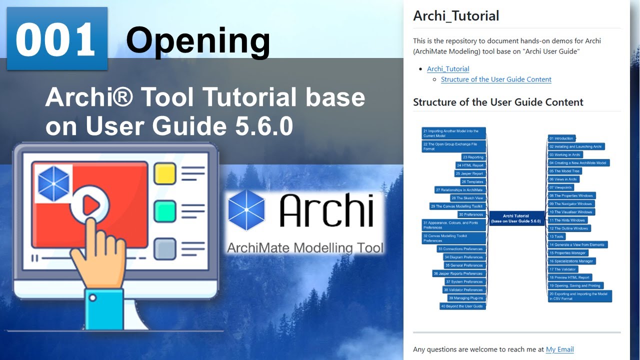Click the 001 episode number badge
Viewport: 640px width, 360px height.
56,39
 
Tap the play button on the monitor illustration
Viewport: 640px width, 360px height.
90,204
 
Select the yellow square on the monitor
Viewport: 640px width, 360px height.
165,173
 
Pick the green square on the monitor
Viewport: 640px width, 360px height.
165,211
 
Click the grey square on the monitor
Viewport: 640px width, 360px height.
165,248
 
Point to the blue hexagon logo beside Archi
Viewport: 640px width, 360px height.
246,210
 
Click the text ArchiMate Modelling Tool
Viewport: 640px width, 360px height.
305,247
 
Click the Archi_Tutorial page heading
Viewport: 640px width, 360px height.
456,15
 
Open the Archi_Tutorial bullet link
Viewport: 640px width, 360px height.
448,69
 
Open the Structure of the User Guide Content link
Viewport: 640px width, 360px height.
496,79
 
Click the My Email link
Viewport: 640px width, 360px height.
559,349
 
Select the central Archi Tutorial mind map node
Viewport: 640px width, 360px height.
516,218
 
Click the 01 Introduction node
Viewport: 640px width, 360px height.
561,138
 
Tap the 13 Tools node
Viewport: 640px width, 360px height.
556,236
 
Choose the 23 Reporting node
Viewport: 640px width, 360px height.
472,157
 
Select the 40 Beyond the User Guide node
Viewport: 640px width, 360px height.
462,306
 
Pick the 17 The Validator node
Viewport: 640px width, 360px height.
562,269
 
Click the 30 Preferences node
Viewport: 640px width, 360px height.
470,214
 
